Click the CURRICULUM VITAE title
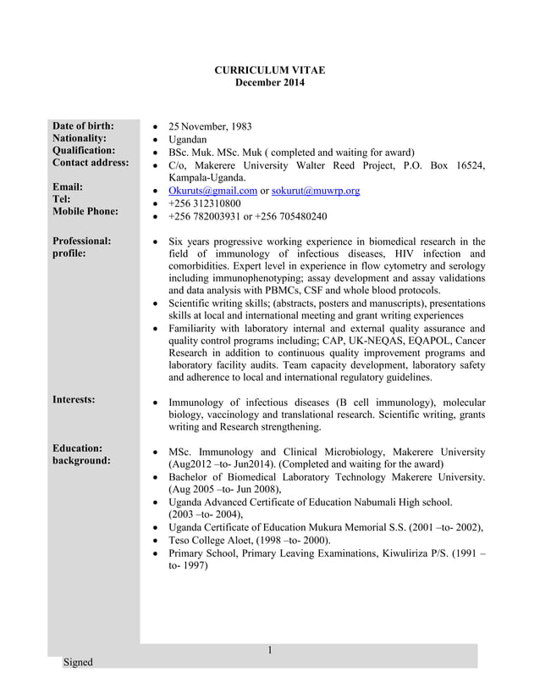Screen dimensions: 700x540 pos(269,69)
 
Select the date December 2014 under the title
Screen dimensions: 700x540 pos(269,82)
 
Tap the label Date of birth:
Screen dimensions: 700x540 pos(83,126)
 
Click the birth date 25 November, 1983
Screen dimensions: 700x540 pos(210,127)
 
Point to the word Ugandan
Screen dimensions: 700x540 pos(188,140)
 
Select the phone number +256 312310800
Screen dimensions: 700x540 pos(205,203)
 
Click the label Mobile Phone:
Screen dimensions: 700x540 pos(85,211)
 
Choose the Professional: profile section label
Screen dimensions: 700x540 pos(81,247)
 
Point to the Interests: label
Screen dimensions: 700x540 pos(74,398)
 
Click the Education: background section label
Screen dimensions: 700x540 pos(81,454)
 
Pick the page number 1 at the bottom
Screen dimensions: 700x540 pos(269,650)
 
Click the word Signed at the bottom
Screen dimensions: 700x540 pos(78,662)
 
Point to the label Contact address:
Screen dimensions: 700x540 pos(91,162)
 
